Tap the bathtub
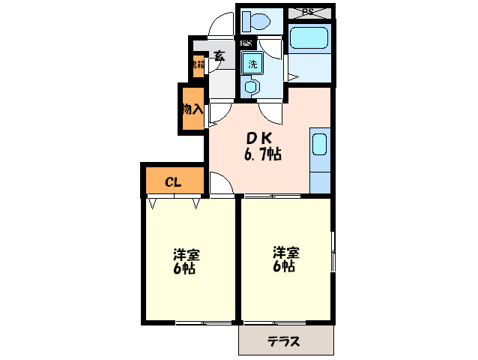(311, 37)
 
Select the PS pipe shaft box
(309, 11)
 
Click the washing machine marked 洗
(252, 63)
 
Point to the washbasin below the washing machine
(251, 87)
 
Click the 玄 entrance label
(219, 55)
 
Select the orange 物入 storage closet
(191, 109)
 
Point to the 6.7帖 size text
(261, 155)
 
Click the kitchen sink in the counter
(320, 144)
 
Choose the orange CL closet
(173, 181)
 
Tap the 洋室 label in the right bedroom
(285, 251)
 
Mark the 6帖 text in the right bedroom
(284, 266)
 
